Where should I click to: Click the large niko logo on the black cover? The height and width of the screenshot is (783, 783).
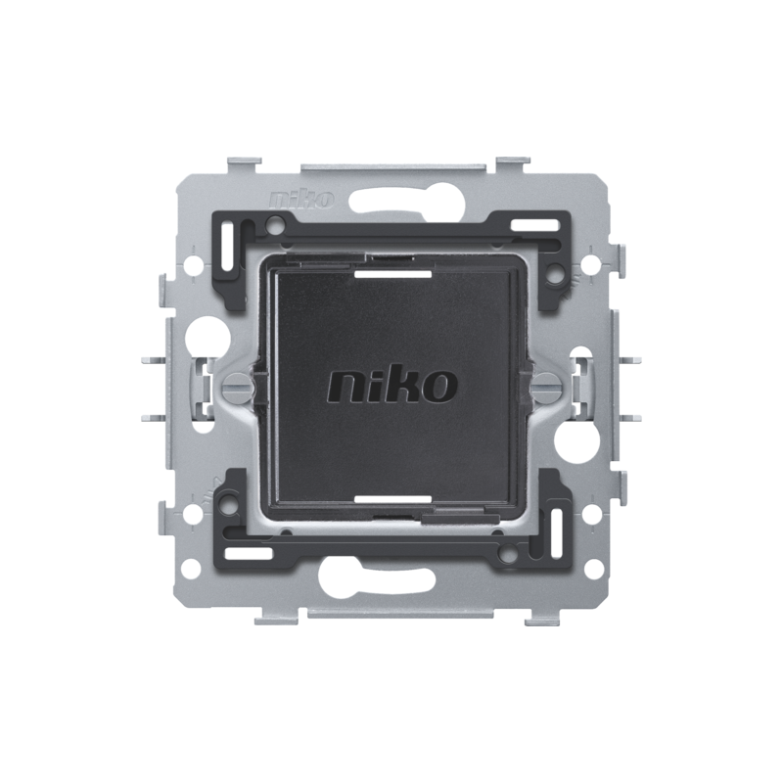point(392,386)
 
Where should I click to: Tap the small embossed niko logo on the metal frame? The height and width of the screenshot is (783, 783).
point(301,200)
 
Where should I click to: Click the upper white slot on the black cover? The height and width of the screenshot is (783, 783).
point(392,274)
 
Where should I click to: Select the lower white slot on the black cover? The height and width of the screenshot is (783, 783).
point(392,499)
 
